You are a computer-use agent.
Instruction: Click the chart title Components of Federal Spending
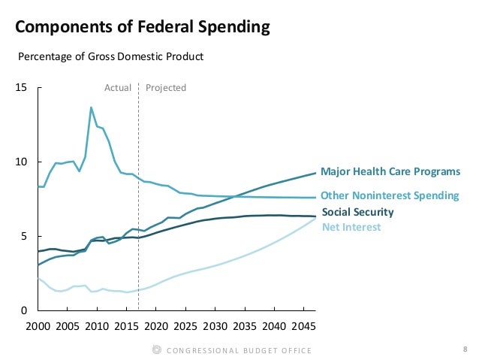coord(142,28)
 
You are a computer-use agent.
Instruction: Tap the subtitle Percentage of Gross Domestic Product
coord(110,56)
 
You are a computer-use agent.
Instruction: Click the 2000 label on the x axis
coord(38,328)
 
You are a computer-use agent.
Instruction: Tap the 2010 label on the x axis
coord(96,328)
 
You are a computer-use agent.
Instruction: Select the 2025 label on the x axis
coord(184,328)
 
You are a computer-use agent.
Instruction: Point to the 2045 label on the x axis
coord(302,328)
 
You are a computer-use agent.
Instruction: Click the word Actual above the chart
coord(118,88)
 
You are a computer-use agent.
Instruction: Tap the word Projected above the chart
coord(165,88)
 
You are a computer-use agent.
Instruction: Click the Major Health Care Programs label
coord(390,171)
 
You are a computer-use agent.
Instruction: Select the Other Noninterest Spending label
coord(390,195)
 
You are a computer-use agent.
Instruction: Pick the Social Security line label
coord(357,212)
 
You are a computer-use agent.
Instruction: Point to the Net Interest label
coord(351,227)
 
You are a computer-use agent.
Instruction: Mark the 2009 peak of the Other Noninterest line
coord(91,107)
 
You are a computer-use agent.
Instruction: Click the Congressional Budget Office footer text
coord(239,350)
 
